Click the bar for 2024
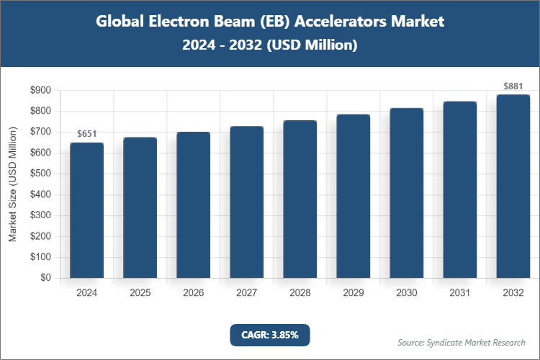coord(86,210)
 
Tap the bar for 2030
coord(407,193)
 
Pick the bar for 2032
coord(513,186)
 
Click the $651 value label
coord(86,133)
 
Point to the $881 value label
coord(513,86)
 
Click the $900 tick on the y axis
coord(40,91)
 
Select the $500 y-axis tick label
coord(40,174)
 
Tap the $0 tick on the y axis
coord(45,278)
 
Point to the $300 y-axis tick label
coord(40,215)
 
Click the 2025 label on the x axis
coord(140,294)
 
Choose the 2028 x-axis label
coord(300,294)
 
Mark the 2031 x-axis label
coord(460,294)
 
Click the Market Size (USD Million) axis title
coord(13,184)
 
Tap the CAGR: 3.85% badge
coord(270,335)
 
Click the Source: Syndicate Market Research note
coord(462,342)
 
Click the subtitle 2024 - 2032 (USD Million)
coord(270,45)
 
